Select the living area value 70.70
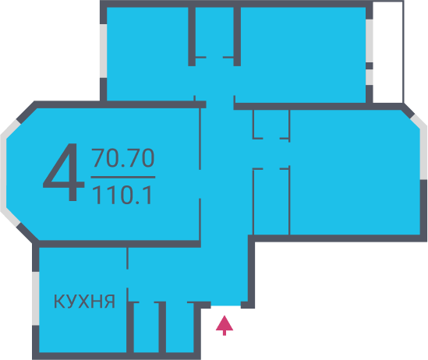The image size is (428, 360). coord(123,157)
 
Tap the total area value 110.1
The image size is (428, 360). coord(122,195)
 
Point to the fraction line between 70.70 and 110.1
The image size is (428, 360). coord(123,178)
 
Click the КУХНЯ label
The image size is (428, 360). coord(84,302)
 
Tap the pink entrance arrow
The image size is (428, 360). coord(225,326)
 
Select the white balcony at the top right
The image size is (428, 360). coord(388,52)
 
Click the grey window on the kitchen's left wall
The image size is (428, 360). coord(36,298)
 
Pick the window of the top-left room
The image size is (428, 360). coord(103,51)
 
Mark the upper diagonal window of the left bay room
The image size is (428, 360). coord(10,128)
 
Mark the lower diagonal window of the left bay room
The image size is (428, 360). coord(10,217)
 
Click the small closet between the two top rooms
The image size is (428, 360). coord(214,32)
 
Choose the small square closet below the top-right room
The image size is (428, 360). coord(271,124)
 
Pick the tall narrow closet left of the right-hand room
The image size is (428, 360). coord(271,202)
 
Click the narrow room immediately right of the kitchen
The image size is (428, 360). coord(146,327)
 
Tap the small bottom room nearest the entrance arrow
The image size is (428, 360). coord(179,327)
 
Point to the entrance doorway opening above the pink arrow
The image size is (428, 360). coord(226,305)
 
